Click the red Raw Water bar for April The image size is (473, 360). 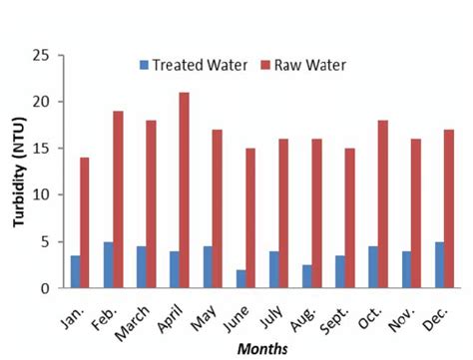[x=184, y=190]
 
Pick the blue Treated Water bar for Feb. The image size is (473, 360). [x=108, y=265]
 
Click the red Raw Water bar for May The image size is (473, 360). [x=217, y=209]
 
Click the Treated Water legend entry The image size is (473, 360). [x=191, y=66]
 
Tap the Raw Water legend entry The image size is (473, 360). [x=304, y=66]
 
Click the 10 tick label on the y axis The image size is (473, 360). [x=41, y=195]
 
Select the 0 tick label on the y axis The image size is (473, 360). [x=45, y=289]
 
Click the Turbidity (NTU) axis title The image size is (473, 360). [x=17, y=172]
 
